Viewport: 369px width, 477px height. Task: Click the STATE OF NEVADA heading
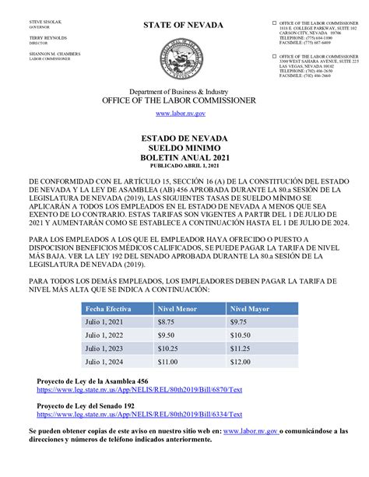pos(183,26)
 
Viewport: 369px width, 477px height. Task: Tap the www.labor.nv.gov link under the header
pos(184,114)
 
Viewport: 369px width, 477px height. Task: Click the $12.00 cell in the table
pos(242,362)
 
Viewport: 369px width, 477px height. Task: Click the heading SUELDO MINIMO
pos(184,146)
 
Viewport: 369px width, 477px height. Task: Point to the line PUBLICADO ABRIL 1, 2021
pos(184,165)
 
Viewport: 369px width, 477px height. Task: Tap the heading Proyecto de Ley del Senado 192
pos(86,406)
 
